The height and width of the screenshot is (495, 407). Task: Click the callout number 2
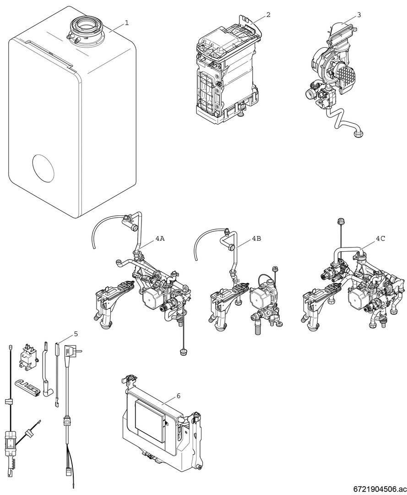[x=268, y=14]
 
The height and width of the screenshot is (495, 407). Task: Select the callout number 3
[x=358, y=14]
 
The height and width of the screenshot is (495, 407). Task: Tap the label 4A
[x=160, y=239]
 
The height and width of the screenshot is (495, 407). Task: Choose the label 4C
[x=380, y=239]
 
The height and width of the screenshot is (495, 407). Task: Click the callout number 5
[x=76, y=334]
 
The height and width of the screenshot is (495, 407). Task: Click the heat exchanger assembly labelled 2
[x=224, y=73]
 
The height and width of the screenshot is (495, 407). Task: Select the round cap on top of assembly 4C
[x=341, y=221]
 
